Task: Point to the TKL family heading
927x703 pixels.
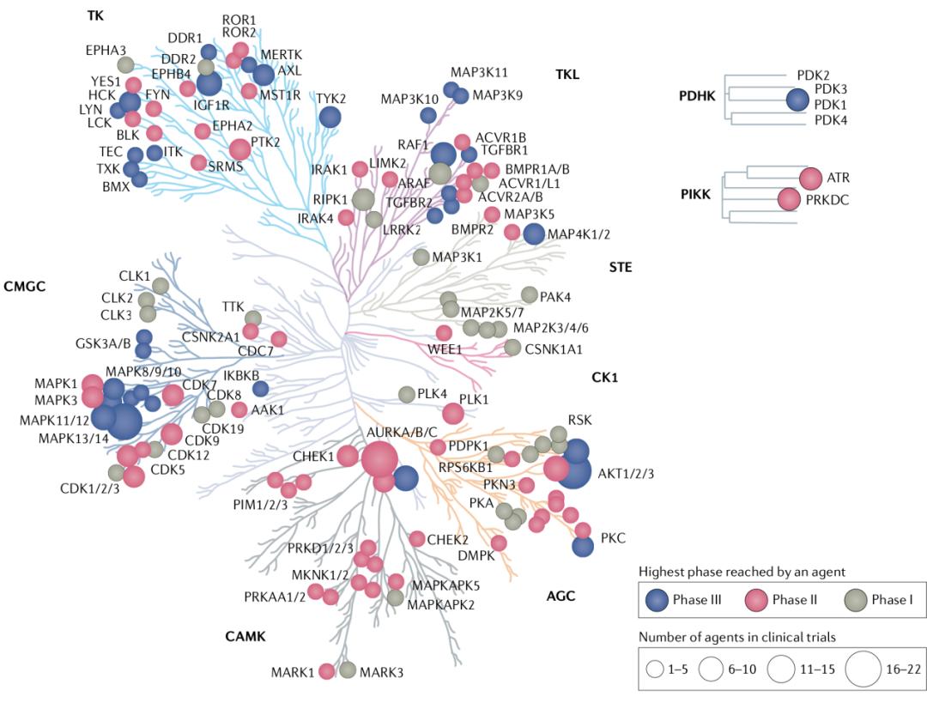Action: (566, 75)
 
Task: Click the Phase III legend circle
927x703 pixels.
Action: (661, 600)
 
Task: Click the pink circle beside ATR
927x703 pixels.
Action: (810, 179)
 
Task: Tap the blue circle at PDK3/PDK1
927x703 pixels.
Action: (798, 100)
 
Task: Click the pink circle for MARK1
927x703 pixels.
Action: (327, 671)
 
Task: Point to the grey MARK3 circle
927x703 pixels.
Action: (348, 670)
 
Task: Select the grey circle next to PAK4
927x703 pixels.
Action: (530, 296)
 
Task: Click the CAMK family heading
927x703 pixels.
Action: (245, 636)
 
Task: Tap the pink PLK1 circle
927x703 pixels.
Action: (453, 414)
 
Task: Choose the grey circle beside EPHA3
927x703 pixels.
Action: (125, 64)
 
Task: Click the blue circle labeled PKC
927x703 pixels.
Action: (583, 545)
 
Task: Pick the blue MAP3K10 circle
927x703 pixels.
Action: (427, 115)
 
